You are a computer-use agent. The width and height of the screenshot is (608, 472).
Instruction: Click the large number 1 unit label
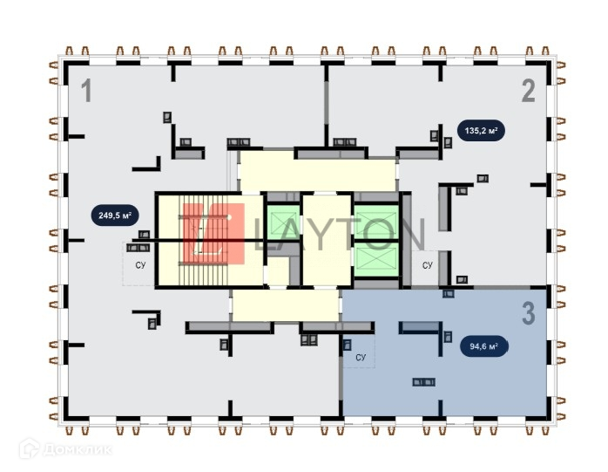[x=86, y=91]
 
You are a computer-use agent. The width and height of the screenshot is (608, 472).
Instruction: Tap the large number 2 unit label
[x=528, y=91]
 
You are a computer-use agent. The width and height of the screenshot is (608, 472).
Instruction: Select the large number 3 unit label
[x=528, y=314]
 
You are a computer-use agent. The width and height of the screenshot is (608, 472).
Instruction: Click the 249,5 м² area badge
[x=114, y=214]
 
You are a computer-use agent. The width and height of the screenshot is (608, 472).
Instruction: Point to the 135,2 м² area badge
[x=481, y=132]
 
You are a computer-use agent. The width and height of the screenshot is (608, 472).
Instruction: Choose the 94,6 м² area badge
[x=484, y=346]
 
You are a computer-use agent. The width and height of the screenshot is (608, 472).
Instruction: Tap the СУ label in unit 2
[x=427, y=264]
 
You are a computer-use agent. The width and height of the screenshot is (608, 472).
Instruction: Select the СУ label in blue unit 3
[x=361, y=358]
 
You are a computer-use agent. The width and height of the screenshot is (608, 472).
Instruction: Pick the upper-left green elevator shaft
[x=283, y=223]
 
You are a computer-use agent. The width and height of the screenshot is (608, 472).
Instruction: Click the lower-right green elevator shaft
[x=375, y=260]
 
